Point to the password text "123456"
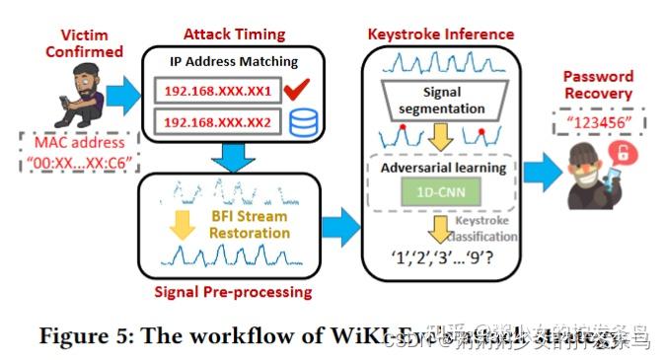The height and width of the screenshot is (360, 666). [x=598, y=123]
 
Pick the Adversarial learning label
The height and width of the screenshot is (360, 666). [x=442, y=168]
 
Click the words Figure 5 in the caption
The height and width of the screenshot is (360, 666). [x=81, y=334]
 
